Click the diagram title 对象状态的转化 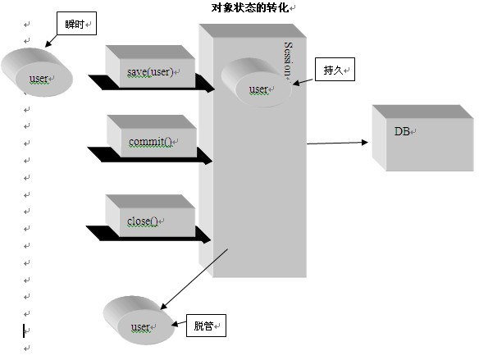250,8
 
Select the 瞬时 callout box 76,24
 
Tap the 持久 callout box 335,70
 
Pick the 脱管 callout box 206,326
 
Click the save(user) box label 150,72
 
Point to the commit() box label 150,142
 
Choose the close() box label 143,221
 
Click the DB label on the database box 402,131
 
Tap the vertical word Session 288,60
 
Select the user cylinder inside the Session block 256,83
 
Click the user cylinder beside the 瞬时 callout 37,72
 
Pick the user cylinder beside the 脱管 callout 139,321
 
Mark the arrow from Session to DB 337,143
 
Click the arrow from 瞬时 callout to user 51,41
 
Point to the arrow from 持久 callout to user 303,81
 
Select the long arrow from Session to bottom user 194,279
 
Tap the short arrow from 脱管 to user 179,323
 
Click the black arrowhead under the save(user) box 205,84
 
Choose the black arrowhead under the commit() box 203,156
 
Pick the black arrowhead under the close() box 203,235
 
